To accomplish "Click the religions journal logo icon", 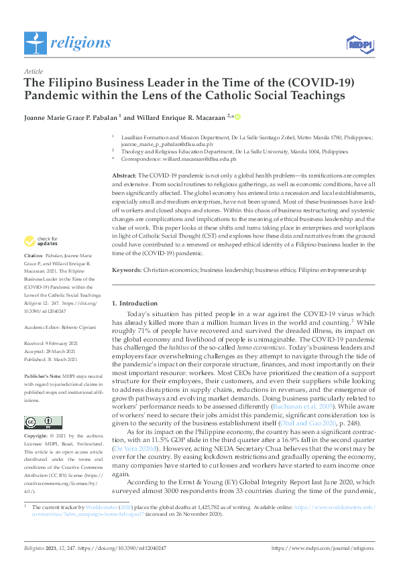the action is click(x=34, y=44).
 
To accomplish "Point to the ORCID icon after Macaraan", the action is click(x=237, y=116).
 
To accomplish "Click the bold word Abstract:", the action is click(x=125, y=174).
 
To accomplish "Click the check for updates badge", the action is click(x=41, y=240).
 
